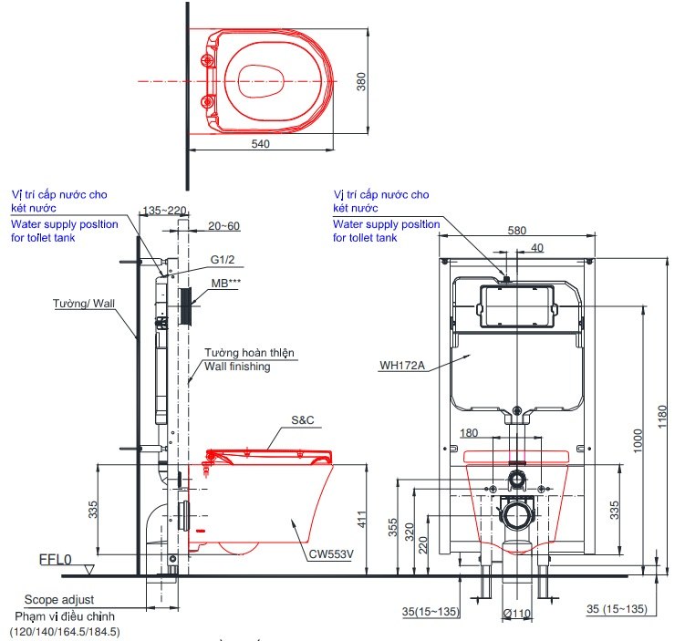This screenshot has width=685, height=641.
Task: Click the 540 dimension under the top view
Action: pyautogui.click(x=262, y=143)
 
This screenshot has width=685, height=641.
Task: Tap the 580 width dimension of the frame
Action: pyautogui.click(x=516, y=231)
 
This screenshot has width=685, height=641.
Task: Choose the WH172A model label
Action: pyautogui.click(x=402, y=367)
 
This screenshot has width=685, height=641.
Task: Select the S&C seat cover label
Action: pyautogui.click(x=303, y=420)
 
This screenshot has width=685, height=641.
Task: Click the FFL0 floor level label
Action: pyautogui.click(x=56, y=559)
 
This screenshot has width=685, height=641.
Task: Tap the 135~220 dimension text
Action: pyautogui.click(x=164, y=211)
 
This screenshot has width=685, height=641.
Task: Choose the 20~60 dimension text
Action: pyautogui.click(x=223, y=226)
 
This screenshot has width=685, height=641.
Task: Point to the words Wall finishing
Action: pyautogui.click(x=236, y=366)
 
